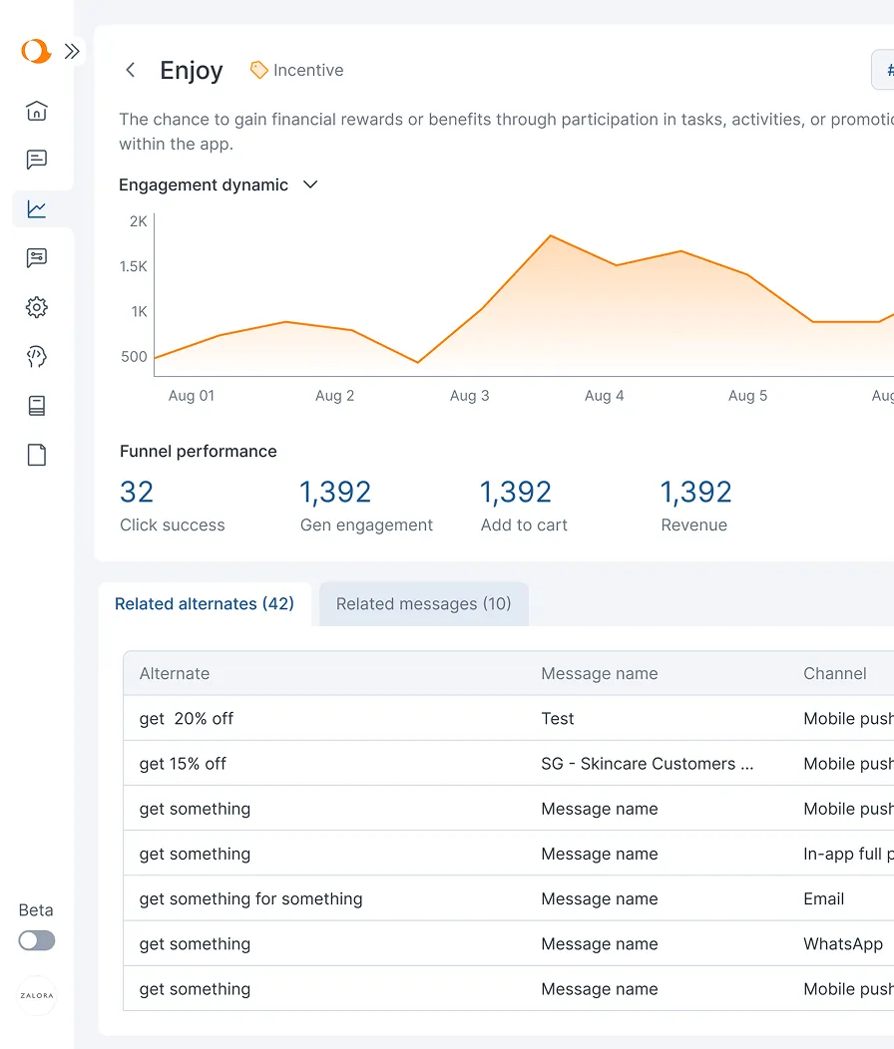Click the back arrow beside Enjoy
point(130,70)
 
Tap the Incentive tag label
point(307,70)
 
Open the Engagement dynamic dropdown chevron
point(310,184)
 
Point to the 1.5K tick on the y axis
point(133,266)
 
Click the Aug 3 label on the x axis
point(469,396)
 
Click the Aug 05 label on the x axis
point(747,396)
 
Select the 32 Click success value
point(137,493)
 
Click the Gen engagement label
point(366,525)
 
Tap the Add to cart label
point(524,525)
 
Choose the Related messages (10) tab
point(423,604)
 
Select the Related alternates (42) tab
point(205,604)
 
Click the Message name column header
point(599,674)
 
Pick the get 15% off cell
point(183,764)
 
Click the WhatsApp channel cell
point(843,944)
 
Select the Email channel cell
point(823,899)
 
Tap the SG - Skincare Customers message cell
point(647,764)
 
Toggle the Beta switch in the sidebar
point(37,940)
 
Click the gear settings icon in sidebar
point(37,307)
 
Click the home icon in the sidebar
point(37,111)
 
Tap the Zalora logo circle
point(37,995)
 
